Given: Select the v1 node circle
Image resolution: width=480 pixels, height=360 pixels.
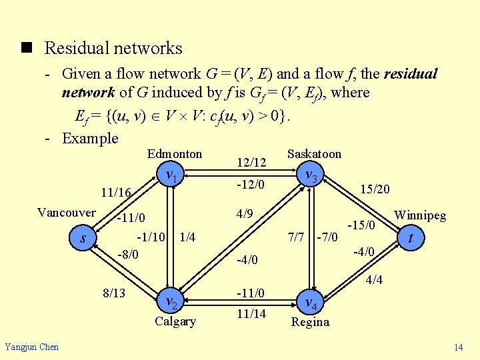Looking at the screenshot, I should click(171, 177).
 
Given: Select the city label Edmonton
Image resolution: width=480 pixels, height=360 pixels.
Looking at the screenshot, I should click(175, 154).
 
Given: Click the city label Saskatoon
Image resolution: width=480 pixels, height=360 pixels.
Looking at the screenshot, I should click(314, 154).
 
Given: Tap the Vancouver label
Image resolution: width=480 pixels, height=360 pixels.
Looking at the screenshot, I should click(67, 213).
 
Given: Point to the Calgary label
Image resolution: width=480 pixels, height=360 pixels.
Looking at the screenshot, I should click(175, 321).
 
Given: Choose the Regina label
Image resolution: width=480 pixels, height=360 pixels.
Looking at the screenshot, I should click(310, 322).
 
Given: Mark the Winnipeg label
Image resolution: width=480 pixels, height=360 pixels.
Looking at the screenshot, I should click(420, 215).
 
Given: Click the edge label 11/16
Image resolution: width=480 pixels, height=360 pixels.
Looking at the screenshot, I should click(115, 193).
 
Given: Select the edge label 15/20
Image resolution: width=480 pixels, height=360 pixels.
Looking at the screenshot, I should click(375, 189).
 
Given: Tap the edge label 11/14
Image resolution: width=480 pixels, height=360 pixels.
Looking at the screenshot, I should click(251, 313).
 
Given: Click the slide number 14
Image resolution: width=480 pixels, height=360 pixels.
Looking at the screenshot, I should click(459, 347).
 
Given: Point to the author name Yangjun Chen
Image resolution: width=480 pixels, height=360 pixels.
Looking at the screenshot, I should click(31, 346).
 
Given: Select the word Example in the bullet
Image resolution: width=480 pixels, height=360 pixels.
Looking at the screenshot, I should click(90, 139).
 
